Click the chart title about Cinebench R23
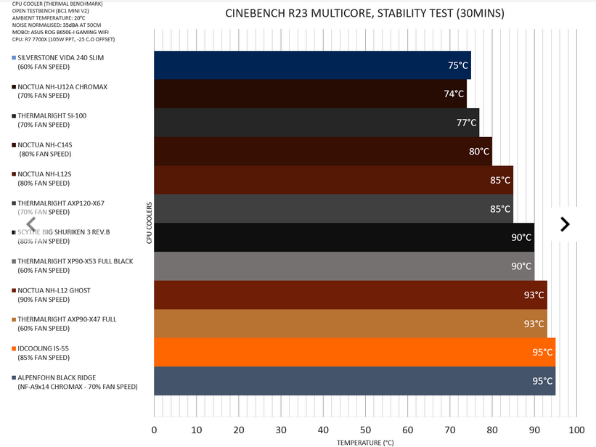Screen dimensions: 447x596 [364, 14]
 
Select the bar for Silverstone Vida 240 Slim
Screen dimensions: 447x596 [312, 65]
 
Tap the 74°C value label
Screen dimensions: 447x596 [454, 94]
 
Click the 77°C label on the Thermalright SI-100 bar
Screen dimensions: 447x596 [466, 123]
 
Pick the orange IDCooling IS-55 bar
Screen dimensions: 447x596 [354, 352]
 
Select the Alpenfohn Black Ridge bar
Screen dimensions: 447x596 [354, 381]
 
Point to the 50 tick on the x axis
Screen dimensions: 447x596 [365, 429]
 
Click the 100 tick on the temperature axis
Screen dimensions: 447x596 [576, 429]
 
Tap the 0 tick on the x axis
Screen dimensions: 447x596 [154, 429]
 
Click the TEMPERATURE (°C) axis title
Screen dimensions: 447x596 [365, 441]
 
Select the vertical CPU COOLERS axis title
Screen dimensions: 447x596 [149, 223]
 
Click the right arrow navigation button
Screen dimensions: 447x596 [565, 224]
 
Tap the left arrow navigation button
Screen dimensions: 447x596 [31, 224]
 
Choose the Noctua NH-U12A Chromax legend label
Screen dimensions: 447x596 [62, 87]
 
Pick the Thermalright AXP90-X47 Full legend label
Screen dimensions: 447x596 [67, 319]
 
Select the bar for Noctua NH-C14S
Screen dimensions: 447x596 [323, 151]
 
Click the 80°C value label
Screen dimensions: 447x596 [479, 152]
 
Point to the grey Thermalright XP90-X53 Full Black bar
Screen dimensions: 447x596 [344, 266]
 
